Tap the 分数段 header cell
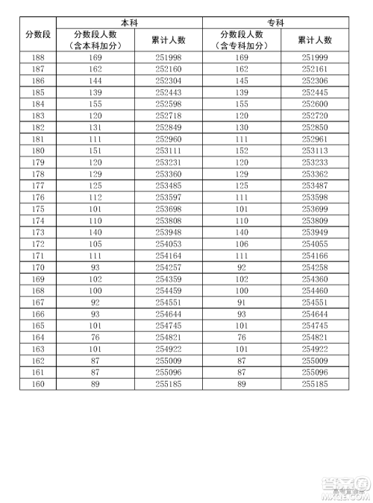tap(38, 35)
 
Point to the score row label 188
tap(38, 57)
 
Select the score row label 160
tap(38, 385)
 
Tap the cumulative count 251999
tap(315, 57)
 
